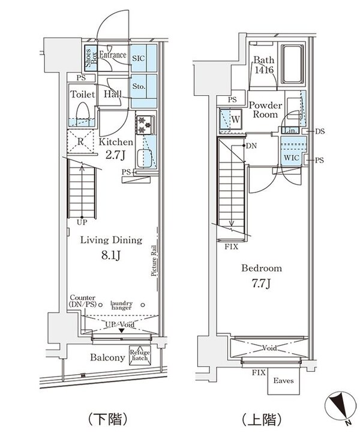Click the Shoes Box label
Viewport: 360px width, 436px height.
pos(91,58)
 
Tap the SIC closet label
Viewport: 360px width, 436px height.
pos(138,58)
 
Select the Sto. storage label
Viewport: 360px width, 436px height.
pos(139,86)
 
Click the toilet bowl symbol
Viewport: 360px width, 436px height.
pos(83,113)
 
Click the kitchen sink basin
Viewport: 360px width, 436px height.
pos(144,158)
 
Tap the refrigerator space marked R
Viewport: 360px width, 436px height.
pos(80,142)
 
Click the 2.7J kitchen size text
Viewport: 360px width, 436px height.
pos(115,155)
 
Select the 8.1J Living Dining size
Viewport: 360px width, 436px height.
pos(111,255)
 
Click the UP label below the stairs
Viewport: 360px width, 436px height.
pos(82,222)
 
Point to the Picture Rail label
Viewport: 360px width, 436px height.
pos(154,261)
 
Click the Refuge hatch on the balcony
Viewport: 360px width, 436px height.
pos(140,356)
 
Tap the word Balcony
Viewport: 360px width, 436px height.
pos(107,357)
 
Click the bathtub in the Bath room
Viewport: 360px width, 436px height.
pos(292,64)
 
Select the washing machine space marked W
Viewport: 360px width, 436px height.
pos(230,120)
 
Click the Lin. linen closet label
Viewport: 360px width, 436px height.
pos(290,130)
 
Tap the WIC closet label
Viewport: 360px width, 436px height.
pos(291,158)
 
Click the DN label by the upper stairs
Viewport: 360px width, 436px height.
pos(251,146)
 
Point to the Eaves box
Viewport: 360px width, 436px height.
pos(283,381)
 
